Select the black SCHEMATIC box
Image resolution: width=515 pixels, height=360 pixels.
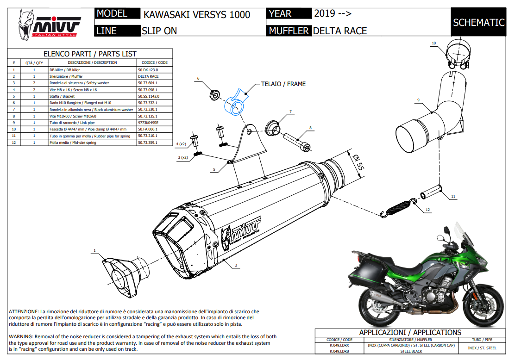478,22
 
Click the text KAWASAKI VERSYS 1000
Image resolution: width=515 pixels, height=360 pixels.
197,14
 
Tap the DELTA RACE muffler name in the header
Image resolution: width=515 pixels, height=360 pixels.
340,31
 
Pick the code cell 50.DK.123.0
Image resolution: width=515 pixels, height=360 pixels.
148,69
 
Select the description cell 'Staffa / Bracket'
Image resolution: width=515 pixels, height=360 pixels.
62,96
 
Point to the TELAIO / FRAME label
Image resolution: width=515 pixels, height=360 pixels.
283,84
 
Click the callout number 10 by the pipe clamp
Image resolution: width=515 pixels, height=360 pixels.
433,43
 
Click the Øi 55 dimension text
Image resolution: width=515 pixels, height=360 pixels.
357,164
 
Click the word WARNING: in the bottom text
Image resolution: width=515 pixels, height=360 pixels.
21,336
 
